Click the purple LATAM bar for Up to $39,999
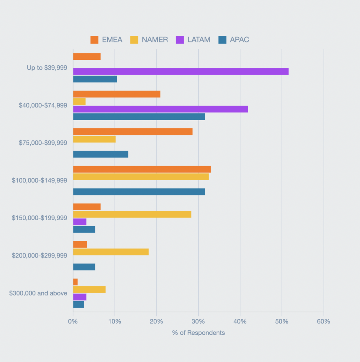[x=181, y=71]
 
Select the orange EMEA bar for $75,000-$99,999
[x=133, y=132]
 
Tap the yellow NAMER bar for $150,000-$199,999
[x=132, y=214]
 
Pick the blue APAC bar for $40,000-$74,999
[x=139, y=117]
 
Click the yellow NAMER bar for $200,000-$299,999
[x=110, y=252]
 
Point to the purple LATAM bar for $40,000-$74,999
[x=160, y=109]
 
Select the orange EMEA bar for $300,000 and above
[x=75, y=282]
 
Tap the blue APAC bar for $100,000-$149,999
[x=139, y=192]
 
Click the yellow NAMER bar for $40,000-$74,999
[x=79, y=101]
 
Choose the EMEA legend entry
[x=107, y=40]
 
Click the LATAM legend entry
[x=193, y=40]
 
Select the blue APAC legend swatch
[x=222, y=40]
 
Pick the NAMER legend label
[x=155, y=40]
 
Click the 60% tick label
[x=323, y=322]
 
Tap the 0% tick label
[x=73, y=322]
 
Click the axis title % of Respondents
[x=198, y=333]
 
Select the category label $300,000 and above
[x=38, y=293]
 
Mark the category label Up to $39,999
[x=47, y=68]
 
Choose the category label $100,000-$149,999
[x=39, y=180]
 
